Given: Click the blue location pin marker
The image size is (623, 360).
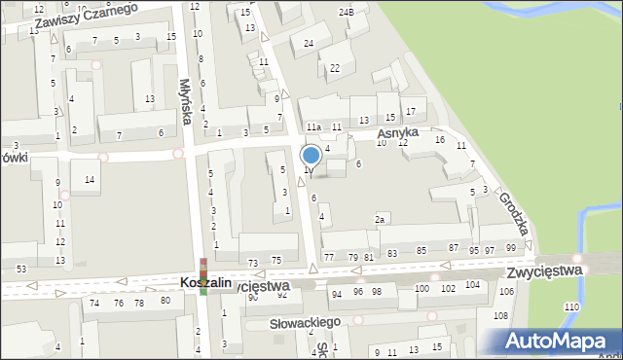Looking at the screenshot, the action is point(311,156).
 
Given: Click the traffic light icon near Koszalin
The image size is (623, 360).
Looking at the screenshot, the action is point(203,275).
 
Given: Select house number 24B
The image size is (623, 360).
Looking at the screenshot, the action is point(346,12).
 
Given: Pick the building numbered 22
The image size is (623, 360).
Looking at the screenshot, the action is point(335,68).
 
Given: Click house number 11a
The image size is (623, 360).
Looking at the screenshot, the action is point(313,127).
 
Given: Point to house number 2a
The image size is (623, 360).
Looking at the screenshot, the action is point(381,220).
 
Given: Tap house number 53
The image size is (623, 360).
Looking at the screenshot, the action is point(20,268).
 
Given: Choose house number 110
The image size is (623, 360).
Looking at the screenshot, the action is point(570,306).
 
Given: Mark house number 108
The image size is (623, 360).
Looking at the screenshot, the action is point(500,316).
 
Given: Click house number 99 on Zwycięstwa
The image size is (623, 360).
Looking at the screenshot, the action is point(511,250).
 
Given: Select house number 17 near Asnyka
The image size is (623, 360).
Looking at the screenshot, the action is point(410,112).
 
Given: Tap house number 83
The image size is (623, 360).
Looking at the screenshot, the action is point(392,253).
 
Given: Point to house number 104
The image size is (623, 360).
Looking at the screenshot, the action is point(472,285).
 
